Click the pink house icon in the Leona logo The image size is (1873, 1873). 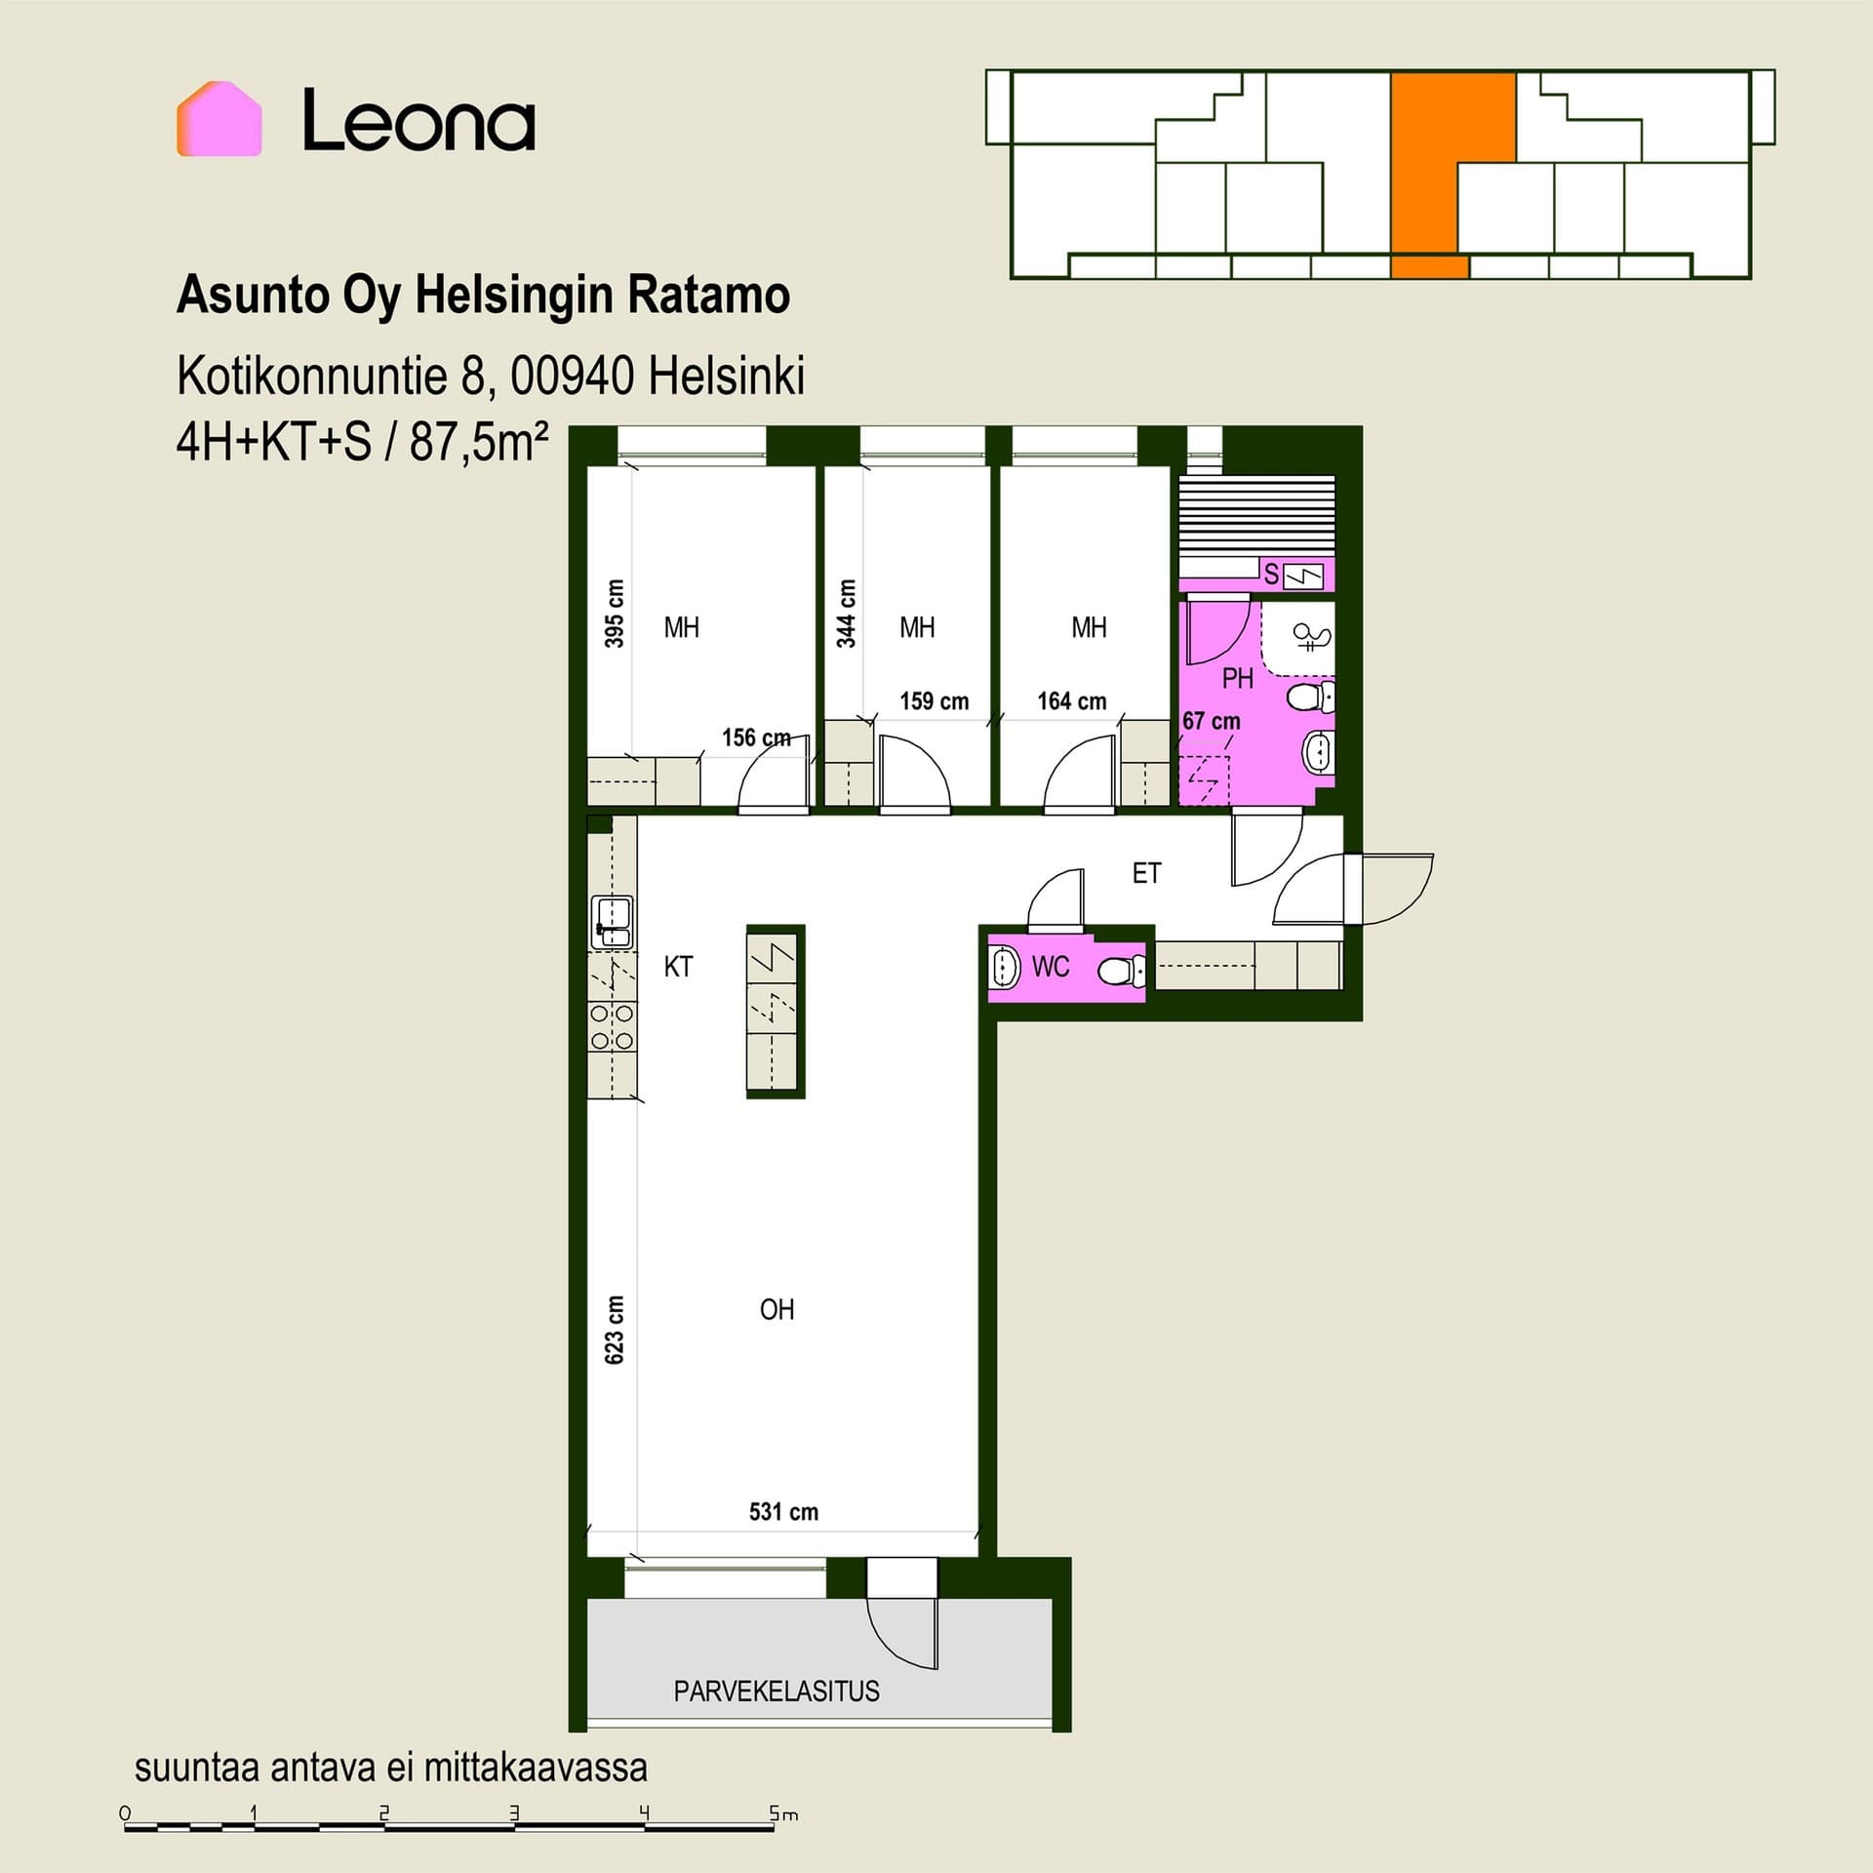pyautogui.click(x=219, y=118)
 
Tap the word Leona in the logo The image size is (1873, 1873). pyautogui.click(x=418, y=120)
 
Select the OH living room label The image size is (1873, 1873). pyautogui.click(x=777, y=1309)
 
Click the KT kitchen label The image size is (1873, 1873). pyautogui.click(x=678, y=967)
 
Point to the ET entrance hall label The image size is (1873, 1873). pyautogui.click(x=1146, y=873)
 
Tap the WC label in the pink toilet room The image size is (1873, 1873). pyautogui.click(x=1051, y=967)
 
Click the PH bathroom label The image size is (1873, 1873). pyautogui.click(x=1237, y=678)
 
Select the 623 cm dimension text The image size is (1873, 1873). pyautogui.click(x=615, y=1330)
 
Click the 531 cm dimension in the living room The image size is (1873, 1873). pyautogui.click(x=783, y=1512)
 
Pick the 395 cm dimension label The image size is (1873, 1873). pyautogui.click(x=615, y=614)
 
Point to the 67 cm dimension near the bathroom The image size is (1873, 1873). pyautogui.click(x=1212, y=721)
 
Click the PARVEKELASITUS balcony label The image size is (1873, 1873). pyautogui.click(x=777, y=1691)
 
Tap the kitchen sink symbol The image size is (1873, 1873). pyautogui.click(x=612, y=922)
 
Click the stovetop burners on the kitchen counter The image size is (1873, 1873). pyautogui.click(x=612, y=1027)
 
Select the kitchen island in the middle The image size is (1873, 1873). pyautogui.click(x=776, y=1012)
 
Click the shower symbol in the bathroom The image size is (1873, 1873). pyautogui.click(x=1311, y=637)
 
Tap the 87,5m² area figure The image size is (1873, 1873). pyautogui.click(x=479, y=442)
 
